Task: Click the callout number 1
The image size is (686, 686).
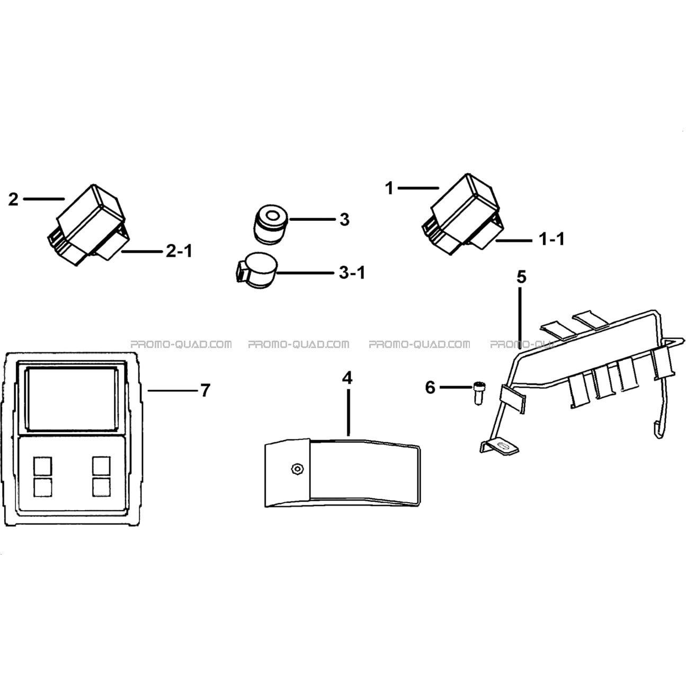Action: (389, 188)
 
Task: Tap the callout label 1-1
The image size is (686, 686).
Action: (552, 239)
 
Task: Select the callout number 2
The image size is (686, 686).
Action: (13, 199)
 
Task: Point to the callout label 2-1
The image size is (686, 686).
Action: (179, 251)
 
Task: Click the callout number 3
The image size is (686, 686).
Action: (344, 220)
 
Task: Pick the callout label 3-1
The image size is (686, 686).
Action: (352, 273)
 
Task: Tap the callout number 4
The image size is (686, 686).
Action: (348, 378)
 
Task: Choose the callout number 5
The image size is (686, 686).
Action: (521, 277)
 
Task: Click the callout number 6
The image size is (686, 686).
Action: (430, 387)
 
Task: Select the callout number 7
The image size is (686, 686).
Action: (205, 390)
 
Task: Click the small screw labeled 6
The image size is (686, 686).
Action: (479, 393)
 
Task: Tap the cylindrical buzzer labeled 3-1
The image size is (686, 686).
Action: (257, 270)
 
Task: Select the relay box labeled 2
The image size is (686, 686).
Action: (88, 225)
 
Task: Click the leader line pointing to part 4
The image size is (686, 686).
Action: (348, 412)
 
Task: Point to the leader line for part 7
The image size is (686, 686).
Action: (173, 390)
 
